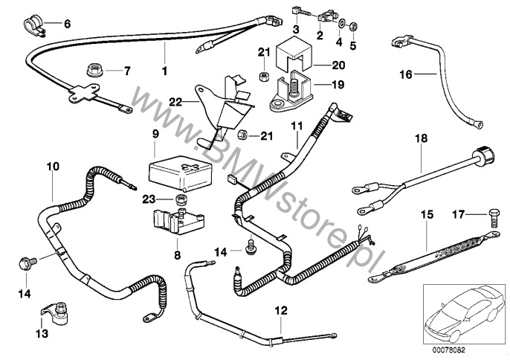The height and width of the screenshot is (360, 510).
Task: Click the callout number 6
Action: click(x=67, y=24)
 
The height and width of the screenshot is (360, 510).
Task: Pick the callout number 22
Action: click(x=175, y=101)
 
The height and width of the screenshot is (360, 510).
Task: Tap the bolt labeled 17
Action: click(x=493, y=215)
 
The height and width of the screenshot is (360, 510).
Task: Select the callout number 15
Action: click(x=427, y=215)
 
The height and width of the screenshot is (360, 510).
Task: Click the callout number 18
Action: click(x=421, y=139)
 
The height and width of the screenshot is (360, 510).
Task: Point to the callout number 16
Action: click(x=405, y=74)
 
